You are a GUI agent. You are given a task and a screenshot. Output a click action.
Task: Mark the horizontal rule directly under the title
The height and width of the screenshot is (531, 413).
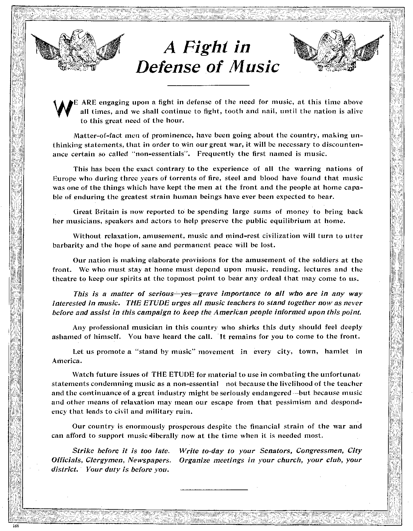point(208,85)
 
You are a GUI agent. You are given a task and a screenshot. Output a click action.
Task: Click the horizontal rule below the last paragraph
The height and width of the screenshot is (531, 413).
point(213,490)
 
